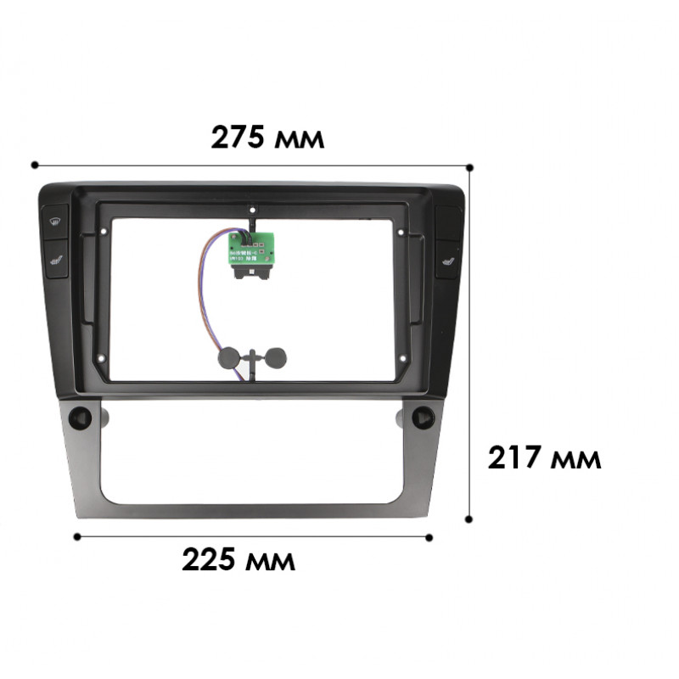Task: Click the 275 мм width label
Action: click(x=267, y=137)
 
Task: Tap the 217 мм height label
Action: click(x=544, y=458)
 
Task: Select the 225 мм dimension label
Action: click(x=239, y=559)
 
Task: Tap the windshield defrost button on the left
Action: click(x=55, y=222)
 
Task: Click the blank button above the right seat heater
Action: click(x=447, y=222)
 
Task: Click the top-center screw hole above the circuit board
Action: click(x=252, y=209)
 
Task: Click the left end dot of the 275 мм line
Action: click(x=35, y=165)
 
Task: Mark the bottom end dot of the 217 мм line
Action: click(x=469, y=517)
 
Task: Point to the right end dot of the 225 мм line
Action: click(x=429, y=537)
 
